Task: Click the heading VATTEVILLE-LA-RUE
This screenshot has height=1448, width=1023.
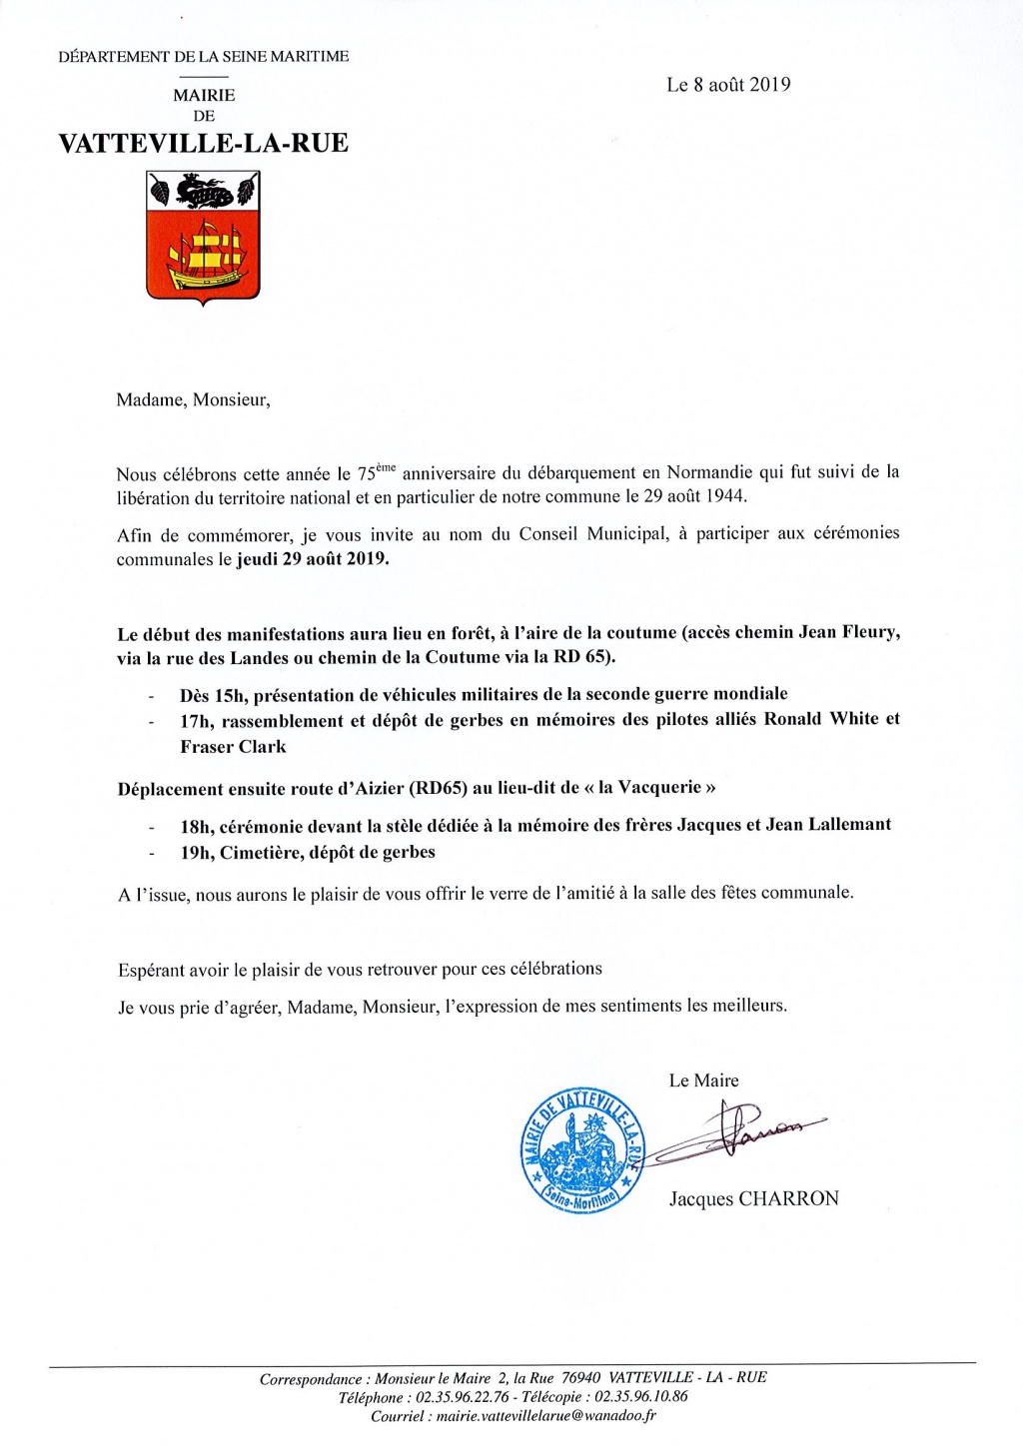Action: click(203, 143)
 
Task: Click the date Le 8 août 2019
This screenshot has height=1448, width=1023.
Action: click(728, 85)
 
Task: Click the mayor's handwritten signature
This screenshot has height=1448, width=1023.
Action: click(744, 1129)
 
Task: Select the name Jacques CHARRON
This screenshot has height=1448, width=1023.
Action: click(753, 1198)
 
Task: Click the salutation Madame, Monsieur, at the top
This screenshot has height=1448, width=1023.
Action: click(193, 400)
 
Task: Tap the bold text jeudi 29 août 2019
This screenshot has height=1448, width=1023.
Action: click(313, 559)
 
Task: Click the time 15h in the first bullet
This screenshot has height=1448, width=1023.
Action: click(230, 695)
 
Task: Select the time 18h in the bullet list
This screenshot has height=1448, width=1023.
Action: click(196, 826)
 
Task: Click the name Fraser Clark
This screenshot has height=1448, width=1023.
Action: click(233, 747)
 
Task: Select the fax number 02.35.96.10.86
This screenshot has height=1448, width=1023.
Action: click(640, 1397)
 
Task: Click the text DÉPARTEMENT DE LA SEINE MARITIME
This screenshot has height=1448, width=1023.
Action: click(204, 57)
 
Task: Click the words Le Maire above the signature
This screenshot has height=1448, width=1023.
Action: click(703, 1081)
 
